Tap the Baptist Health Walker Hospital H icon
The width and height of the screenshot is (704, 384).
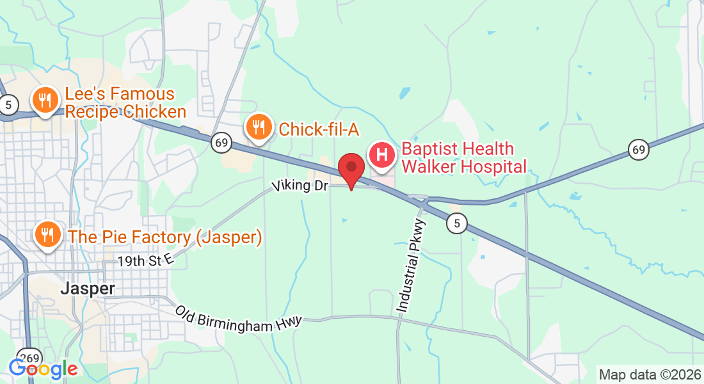[382, 156]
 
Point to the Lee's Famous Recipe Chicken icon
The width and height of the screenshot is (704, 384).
[45, 101]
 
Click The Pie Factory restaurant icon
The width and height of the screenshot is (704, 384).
[47, 236]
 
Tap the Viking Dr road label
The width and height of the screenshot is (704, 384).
[300, 186]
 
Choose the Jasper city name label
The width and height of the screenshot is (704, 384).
[88, 289]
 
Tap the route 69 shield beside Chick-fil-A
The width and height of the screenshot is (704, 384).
[221, 143]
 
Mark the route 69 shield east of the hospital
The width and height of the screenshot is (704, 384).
[638, 150]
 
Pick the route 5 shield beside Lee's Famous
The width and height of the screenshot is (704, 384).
[8, 106]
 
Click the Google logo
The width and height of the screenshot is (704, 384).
[43, 369]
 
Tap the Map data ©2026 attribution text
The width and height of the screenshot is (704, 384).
[648, 374]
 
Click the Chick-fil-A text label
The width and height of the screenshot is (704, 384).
[318, 129]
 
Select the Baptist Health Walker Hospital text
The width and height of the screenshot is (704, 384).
[464, 158]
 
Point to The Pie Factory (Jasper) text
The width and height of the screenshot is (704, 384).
[165, 237]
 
